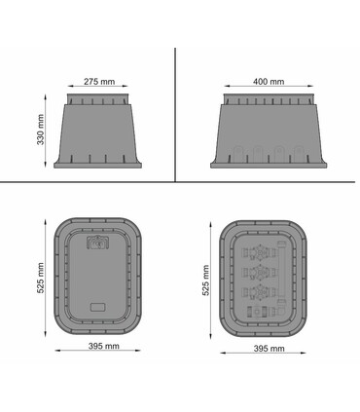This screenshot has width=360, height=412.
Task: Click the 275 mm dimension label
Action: coord(99,82)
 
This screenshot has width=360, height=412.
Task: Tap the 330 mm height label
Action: coord(40,130)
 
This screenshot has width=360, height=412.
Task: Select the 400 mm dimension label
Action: coord(269,82)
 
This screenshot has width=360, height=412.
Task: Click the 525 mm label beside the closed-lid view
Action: coord(40,278)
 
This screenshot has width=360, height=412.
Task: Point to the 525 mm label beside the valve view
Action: coord(205,281)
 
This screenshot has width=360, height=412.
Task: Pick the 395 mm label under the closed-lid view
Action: coord(104,346)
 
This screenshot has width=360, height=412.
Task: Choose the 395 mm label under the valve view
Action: coord(269,349)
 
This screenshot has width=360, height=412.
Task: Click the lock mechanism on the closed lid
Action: coord(97,243)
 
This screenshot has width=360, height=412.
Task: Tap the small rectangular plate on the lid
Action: coord(97,307)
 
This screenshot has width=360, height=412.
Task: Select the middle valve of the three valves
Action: coord(260,273)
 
